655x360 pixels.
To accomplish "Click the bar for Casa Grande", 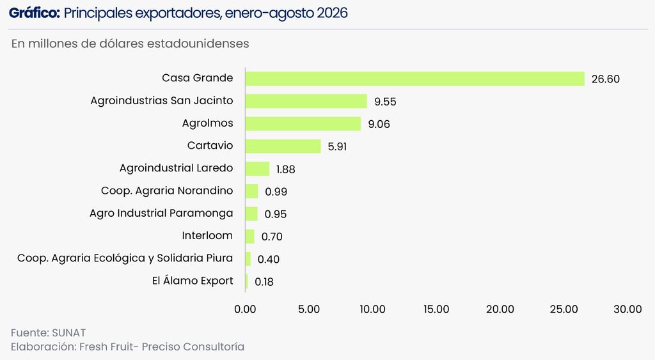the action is [x=414, y=79].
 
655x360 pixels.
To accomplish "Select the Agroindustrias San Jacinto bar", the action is [x=306, y=101].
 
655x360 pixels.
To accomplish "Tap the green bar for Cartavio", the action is [x=283, y=146].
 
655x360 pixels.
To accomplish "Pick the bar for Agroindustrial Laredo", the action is [x=257, y=169].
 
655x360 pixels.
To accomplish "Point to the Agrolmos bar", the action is [x=303, y=123].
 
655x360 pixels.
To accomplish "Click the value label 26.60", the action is [x=605, y=79].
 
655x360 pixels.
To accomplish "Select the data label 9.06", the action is [x=379, y=124].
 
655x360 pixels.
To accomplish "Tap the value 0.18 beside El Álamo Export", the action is [x=264, y=282].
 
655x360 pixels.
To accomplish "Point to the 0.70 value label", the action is [x=272, y=237].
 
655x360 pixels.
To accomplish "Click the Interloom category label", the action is [x=207, y=235].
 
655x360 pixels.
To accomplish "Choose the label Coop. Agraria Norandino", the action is [x=167, y=191].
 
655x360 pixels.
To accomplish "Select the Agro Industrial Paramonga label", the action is [x=161, y=214].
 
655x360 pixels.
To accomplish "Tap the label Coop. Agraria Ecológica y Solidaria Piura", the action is [x=125, y=258].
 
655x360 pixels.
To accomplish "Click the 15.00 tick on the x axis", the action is [x=436, y=309].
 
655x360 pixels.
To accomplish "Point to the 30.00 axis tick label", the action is [x=627, y=309].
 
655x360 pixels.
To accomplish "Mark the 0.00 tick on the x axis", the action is [x=245, y=309].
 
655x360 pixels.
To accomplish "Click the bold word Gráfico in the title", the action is [x=35, y=13].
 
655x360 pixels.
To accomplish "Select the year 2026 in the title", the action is [x=332, y=13].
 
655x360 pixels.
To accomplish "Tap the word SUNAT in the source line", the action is [x=69, y=333].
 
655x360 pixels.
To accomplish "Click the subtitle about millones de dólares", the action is [x=130, y=43].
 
